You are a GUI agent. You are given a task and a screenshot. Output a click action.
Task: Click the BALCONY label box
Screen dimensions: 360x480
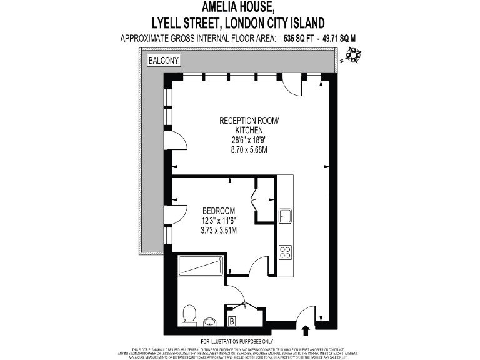[x=164, y=61]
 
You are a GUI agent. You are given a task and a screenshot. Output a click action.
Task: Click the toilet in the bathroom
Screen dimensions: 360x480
[x=188, y=315]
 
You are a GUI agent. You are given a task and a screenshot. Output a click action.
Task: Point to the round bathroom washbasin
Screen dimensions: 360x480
[x=209, y=322]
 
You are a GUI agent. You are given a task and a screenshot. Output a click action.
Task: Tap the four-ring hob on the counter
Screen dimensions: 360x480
[x=286, y=252]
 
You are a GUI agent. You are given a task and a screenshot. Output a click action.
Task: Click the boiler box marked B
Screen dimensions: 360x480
[x=232, y=322]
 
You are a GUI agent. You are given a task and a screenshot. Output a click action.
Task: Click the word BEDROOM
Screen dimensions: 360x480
[x=218, y=210]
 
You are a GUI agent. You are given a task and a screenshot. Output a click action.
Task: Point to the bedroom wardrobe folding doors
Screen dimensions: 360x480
[x=255, y=199]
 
